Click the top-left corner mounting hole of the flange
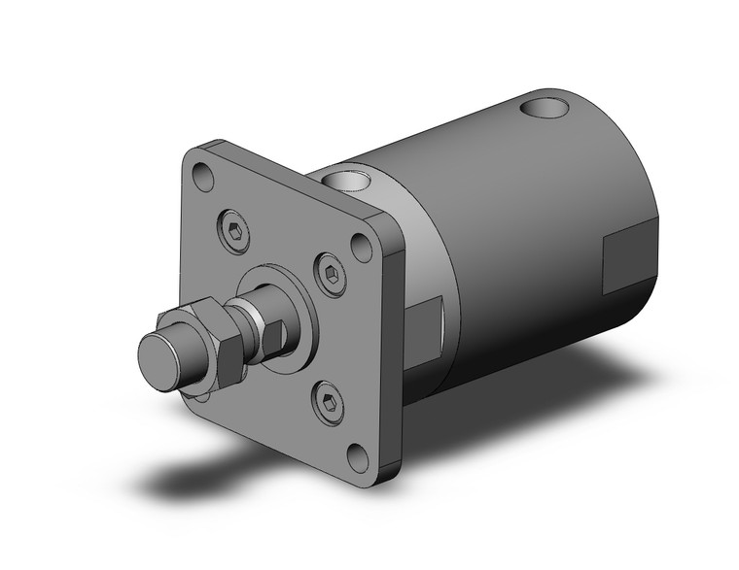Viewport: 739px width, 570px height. point(203,177)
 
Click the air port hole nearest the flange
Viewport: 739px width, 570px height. point(348,179)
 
